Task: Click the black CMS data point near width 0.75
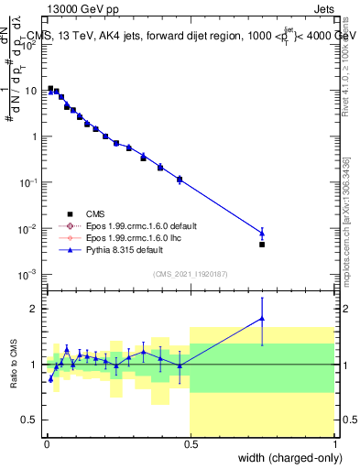[x=262, y=245]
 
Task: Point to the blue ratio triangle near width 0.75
[x=262, y=319]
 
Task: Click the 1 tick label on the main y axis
[x=35, y=136]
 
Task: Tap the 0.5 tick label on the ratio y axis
[x=30, y=420]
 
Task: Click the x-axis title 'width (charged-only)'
[x=287, y=458]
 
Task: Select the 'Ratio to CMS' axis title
[x=13, y=364]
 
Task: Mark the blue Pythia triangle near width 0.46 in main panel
[x=180, y=179]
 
